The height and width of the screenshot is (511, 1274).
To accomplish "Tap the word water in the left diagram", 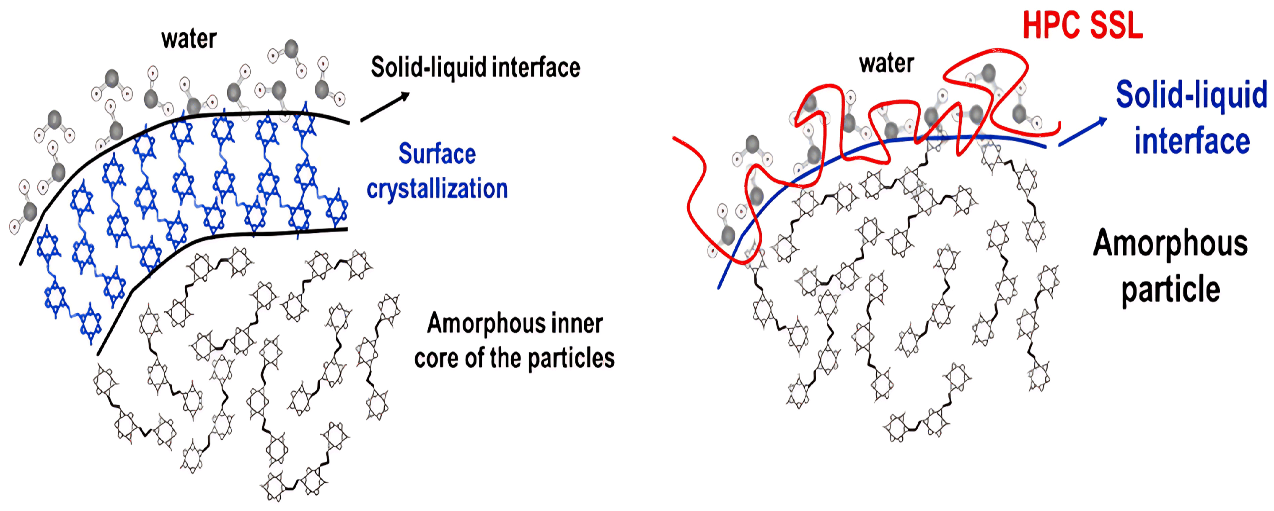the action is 189,39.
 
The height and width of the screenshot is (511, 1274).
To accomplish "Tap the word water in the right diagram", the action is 887,63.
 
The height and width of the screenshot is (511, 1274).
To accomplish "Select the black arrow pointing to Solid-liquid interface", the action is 385,106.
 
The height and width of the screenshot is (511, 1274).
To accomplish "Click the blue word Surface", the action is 437,154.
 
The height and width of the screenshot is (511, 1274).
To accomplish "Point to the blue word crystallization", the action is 437,189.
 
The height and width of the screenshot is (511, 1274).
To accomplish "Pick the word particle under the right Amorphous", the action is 1170,290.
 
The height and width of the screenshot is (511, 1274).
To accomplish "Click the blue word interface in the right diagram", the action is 1192,141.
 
